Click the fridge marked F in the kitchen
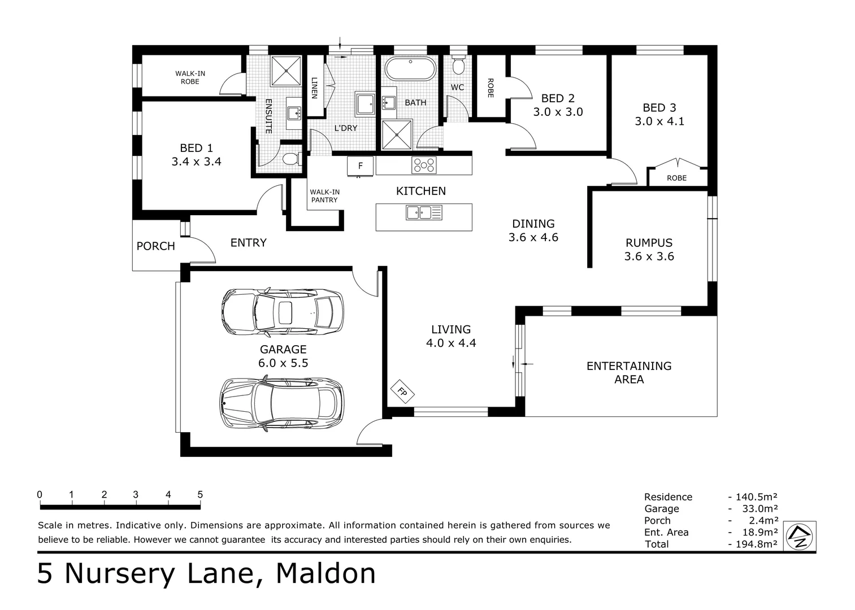pyautogui.click(x=360, y=166)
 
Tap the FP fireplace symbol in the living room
pyautogui.click(x=402, y=391)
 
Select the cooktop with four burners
pyautogui.click(x=424, y=165)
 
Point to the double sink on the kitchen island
pyautogui.click(x=424, y=212)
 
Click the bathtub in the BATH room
pyautogui.click(x=410, y=69)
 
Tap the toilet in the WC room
pyautogui.click(x=458, y=65)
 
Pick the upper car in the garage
pyautogui.click(x=283, y=312)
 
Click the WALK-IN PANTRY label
pyautogui.click(x=324, y=195)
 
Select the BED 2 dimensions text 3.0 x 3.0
pyautogui.click(x=558, y=112)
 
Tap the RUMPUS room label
pyautogui.click(x=649, y=243)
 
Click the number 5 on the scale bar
pyautogui.click(x=200, y=494)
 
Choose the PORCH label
pyautogui.click(x=156, y=246)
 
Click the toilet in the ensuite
pyautogui.click(x=292, y=158)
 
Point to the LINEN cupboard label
pyautogui.click(x=315, y=88)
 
